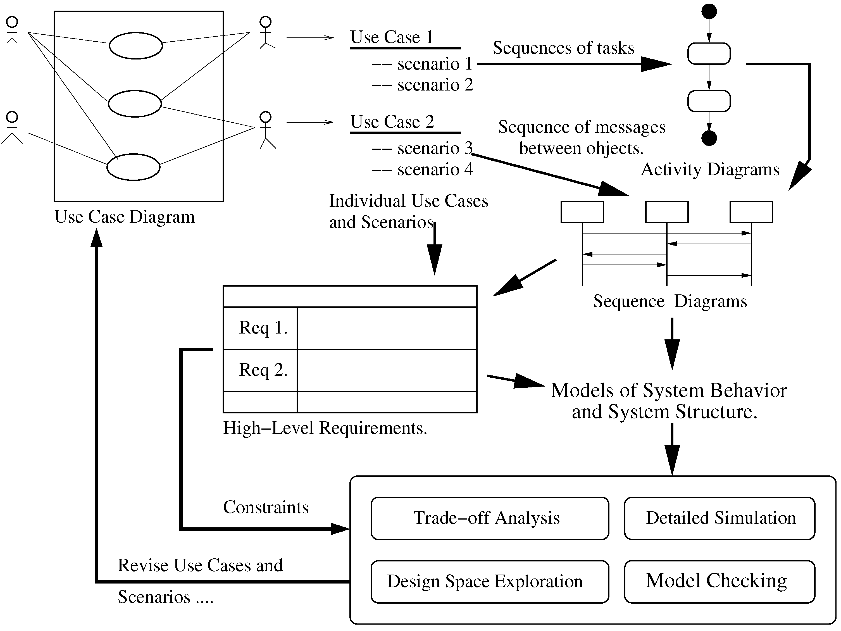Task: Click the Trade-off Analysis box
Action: (x=490, y=518)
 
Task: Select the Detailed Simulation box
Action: (x=719, y=518)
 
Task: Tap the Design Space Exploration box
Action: (x=490, y=582)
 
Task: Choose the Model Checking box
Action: (x=719, y=582)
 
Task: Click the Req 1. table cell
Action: (x=262, y=328)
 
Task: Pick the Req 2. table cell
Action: (x=262, y=370)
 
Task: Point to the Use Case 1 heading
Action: (x=392, y=37)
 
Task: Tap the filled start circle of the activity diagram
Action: (x=709, y=11)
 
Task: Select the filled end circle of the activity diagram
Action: (x=709, y=138)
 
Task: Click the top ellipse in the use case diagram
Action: (x=136, y=46)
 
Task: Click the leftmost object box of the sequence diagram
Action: (x=582, y=212)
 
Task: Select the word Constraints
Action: (x=266, y=508)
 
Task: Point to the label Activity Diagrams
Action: (x=710, y=170)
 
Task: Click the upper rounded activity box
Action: (x=709, y=54)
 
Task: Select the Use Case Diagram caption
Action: (x=125, y=217)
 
